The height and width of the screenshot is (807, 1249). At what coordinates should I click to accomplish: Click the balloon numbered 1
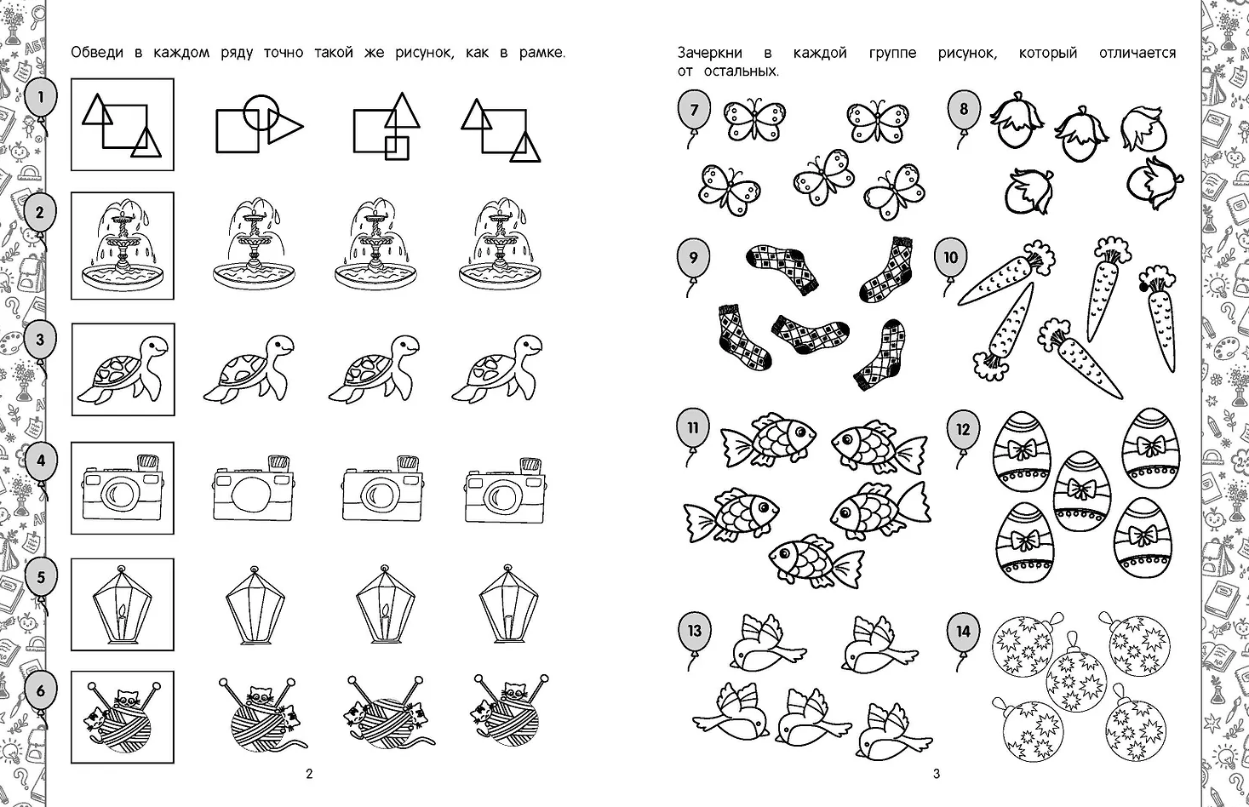(41, 98)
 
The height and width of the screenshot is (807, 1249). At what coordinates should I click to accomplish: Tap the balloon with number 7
(694, 111)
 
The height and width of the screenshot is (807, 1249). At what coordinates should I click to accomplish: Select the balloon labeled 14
(963, 632)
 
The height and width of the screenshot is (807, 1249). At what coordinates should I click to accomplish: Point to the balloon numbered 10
(950, 257)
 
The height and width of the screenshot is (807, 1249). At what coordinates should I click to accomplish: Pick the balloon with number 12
(963, 429)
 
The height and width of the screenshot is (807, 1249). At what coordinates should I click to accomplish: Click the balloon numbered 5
(41, 577)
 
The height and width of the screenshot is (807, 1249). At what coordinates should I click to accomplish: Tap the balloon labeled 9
(693, 257)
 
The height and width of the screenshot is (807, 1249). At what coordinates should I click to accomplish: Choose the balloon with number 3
(40, 340)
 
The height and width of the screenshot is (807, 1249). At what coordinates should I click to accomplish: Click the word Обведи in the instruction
(97, 53)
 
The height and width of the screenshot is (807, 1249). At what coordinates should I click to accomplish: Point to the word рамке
(541, 53)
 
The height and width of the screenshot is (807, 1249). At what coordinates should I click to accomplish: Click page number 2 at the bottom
(309, 774)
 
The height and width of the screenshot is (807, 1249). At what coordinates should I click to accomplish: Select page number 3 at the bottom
(937, 774)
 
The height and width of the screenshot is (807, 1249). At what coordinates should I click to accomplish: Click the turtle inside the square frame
(123, 369)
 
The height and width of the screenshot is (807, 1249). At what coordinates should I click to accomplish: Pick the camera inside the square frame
(123, 487)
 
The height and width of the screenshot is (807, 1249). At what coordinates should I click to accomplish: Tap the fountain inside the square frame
(123, 246)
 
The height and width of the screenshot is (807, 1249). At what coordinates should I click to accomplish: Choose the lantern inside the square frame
(122, 604)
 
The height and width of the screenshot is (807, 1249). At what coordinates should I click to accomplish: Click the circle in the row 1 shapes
(261, 112)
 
